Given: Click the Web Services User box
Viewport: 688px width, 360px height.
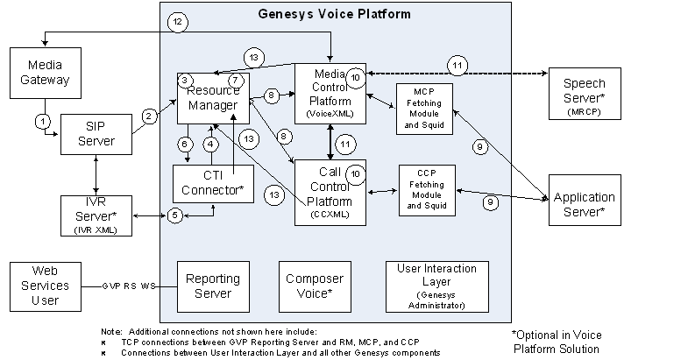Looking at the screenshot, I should [x=45, y=285].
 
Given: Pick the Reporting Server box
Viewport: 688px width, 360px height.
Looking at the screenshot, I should [x=208, y=285].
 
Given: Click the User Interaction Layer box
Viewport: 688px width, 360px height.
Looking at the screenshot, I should [x=436, y=286].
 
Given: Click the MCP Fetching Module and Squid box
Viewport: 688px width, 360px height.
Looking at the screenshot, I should [x=424, y=108].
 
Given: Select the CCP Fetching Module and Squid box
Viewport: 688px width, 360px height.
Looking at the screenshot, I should [x=426, y=190].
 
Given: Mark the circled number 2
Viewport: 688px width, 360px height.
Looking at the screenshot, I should [x=150, y=115].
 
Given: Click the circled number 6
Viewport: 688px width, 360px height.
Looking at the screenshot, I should [x=185, y=143].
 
